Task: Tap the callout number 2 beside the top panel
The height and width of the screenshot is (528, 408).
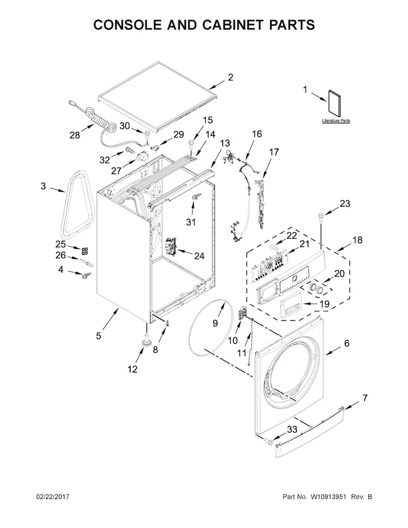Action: click(x=230, y=77)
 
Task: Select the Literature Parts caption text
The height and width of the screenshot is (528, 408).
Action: click(x=336, y=120)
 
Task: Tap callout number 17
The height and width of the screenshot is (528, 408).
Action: click(x=274, y=152)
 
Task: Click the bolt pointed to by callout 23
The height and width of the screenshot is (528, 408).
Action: click(x=319, y=217)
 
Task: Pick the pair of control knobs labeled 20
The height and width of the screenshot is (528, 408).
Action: click(x=317, y=288)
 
